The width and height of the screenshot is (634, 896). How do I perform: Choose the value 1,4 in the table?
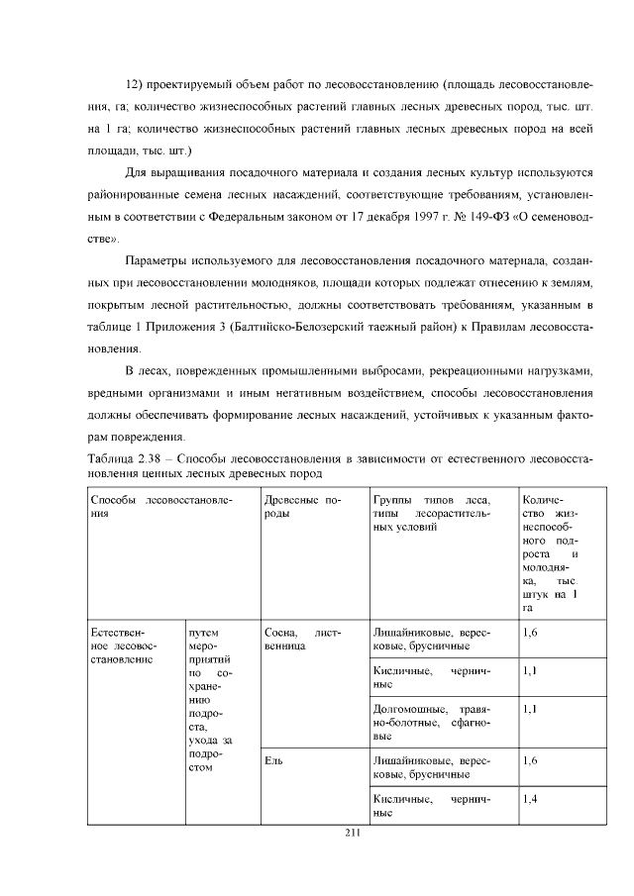tap(529, 798)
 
